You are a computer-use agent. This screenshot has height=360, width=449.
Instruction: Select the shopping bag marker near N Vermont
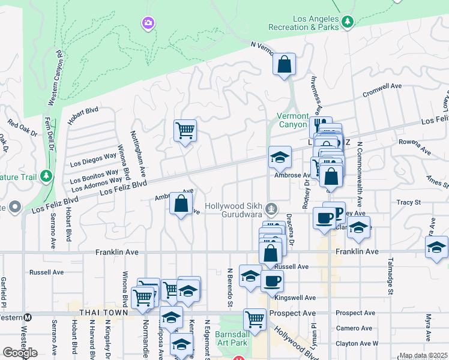[284, 64]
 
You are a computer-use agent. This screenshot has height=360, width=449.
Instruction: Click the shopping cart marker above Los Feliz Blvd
[185, 130]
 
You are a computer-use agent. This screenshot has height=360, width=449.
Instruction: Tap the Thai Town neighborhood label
[104, 313]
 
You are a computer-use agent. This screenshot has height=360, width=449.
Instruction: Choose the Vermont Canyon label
[292, 120]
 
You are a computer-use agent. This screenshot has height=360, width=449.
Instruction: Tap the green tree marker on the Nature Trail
[46, 177]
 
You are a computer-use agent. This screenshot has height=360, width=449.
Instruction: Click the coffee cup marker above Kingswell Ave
[272, 280]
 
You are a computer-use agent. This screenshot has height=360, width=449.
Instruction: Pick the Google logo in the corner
[19, 353]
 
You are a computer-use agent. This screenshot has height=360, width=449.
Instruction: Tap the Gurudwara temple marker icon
[272, 209]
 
